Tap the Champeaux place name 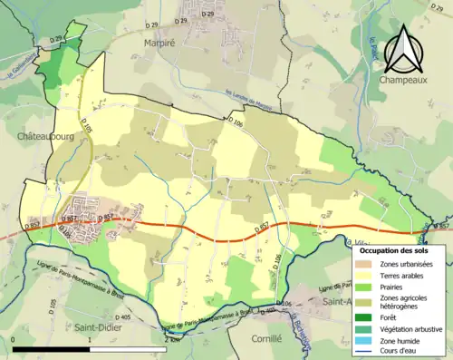(408, 81)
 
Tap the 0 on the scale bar (14, 340)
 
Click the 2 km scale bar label (171, 340)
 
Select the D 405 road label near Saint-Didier (123, 317)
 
